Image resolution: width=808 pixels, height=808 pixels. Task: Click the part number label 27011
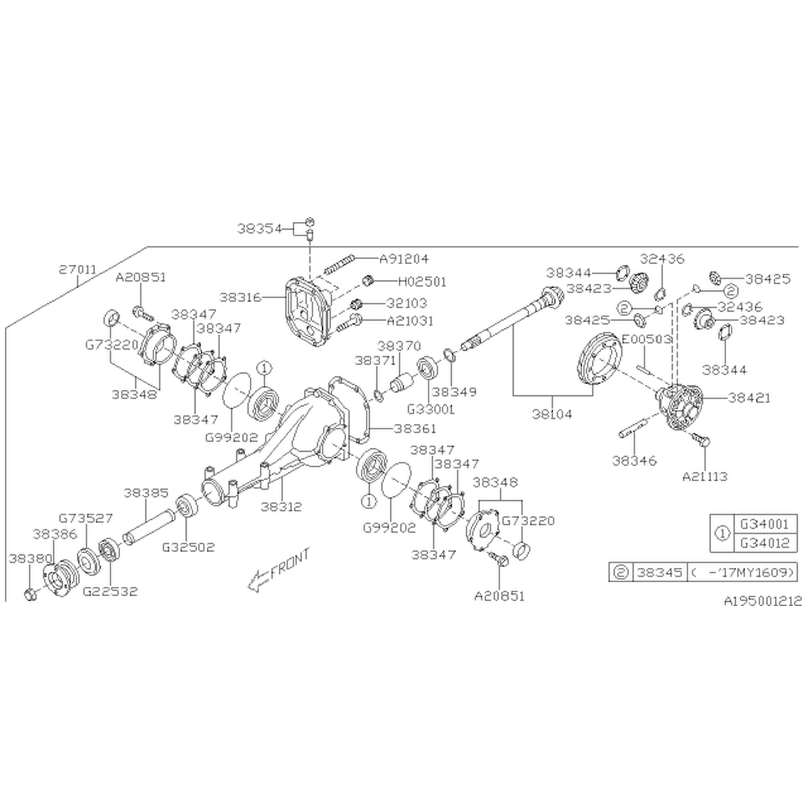click(x=77, y=270)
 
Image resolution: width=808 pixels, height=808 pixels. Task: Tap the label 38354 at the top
click(x=260, y=229)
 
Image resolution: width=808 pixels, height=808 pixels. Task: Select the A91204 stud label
click(x=404, y=259)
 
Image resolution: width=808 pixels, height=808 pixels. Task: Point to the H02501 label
click(x=422, y=282)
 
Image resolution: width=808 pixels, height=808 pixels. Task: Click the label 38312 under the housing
click(x=281, y=507)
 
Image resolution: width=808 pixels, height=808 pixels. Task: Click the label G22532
click(x=110, y=591)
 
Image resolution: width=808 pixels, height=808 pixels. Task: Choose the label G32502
click(x=188, y=547)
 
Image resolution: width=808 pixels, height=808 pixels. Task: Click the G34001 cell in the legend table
click(x=765, y=524)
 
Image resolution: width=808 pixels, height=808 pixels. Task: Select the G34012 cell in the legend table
click(x=765, y=543)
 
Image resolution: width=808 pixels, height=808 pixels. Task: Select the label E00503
click(x=646, y=339)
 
